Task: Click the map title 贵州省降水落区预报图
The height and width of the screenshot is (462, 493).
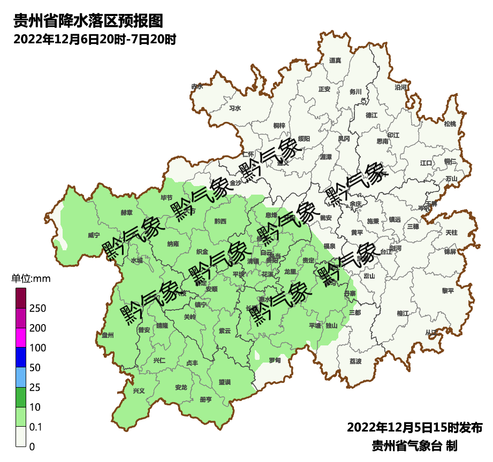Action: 87,21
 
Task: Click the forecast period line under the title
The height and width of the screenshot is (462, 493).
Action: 95,40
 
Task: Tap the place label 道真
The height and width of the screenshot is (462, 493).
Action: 335,60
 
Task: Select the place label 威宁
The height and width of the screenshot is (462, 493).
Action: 94,235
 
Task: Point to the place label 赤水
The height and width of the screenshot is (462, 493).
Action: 197,86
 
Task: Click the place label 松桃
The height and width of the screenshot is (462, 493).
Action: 450,124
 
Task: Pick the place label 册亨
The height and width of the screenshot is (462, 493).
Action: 206,399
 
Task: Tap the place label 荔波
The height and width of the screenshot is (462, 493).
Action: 355,361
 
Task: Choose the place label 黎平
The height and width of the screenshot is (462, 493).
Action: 448,291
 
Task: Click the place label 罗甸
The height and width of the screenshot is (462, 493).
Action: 275,360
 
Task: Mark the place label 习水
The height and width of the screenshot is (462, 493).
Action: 235,108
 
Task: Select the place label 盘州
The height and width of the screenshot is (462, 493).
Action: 108,335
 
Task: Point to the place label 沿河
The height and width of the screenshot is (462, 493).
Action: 400,87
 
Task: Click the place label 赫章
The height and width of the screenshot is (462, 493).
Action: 126,212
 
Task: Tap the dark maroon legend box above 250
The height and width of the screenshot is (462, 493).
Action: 21,298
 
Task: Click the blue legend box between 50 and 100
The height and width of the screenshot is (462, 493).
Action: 21,357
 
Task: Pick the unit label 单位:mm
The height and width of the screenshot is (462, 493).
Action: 31,279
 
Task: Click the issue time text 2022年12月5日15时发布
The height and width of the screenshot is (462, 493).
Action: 415,428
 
